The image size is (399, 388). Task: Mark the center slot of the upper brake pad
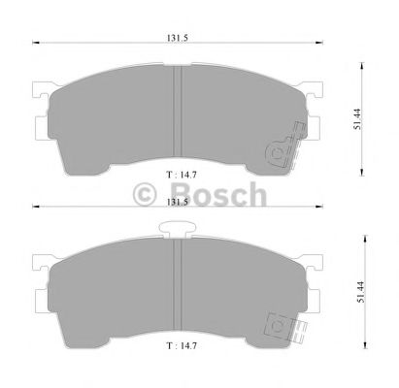tap(177, 111)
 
